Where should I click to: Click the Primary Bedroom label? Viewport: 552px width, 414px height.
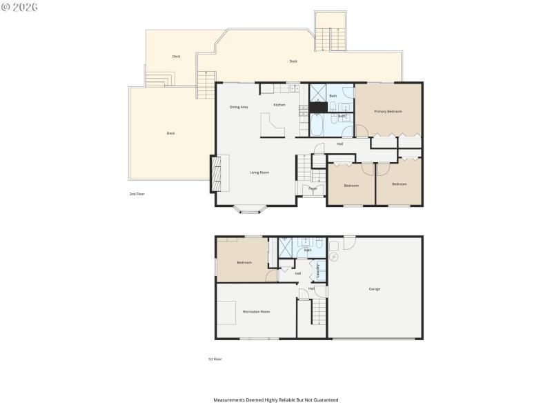point(388,111)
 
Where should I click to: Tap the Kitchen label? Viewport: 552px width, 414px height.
point(279,105)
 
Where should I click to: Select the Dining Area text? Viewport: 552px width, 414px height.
point(239,107)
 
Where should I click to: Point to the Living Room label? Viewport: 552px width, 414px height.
point(259,172)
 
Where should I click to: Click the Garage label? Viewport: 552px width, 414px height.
point(375,288)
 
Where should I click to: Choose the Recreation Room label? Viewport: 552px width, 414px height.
point(256,312)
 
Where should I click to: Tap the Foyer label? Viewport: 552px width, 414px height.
point(313,188)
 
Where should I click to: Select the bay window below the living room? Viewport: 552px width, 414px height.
point(249,208)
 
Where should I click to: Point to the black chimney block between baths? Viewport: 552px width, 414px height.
point(317,107)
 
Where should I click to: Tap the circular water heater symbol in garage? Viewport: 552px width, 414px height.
point(335,257)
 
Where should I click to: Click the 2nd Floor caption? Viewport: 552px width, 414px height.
point(137,194)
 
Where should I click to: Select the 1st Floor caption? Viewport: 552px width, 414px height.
point(215,359)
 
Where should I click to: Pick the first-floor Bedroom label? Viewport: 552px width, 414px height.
point(244,262)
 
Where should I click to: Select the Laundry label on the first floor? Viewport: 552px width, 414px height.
point(317,271)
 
